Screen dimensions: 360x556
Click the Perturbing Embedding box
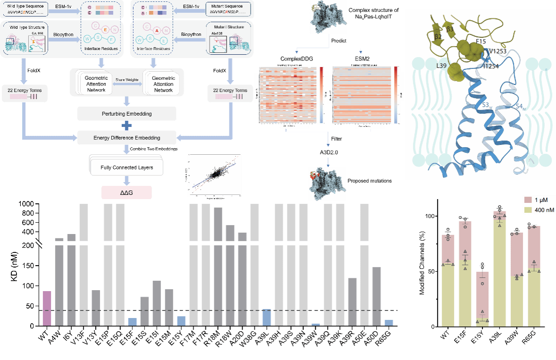pos(126,114)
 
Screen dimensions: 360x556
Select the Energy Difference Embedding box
pos(126,138)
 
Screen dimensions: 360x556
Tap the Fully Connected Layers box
pos(126,167)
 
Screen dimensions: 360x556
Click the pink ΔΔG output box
pos(126,192)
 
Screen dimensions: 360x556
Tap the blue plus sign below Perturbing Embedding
pos(126,126)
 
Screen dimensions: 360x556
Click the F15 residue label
pos(480,42)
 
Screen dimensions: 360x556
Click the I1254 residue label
pos(491,67)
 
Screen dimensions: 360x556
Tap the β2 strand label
pos(438,36)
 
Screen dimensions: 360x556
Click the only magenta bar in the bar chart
pos(47,308)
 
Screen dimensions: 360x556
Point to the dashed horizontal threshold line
pos(217,310)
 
